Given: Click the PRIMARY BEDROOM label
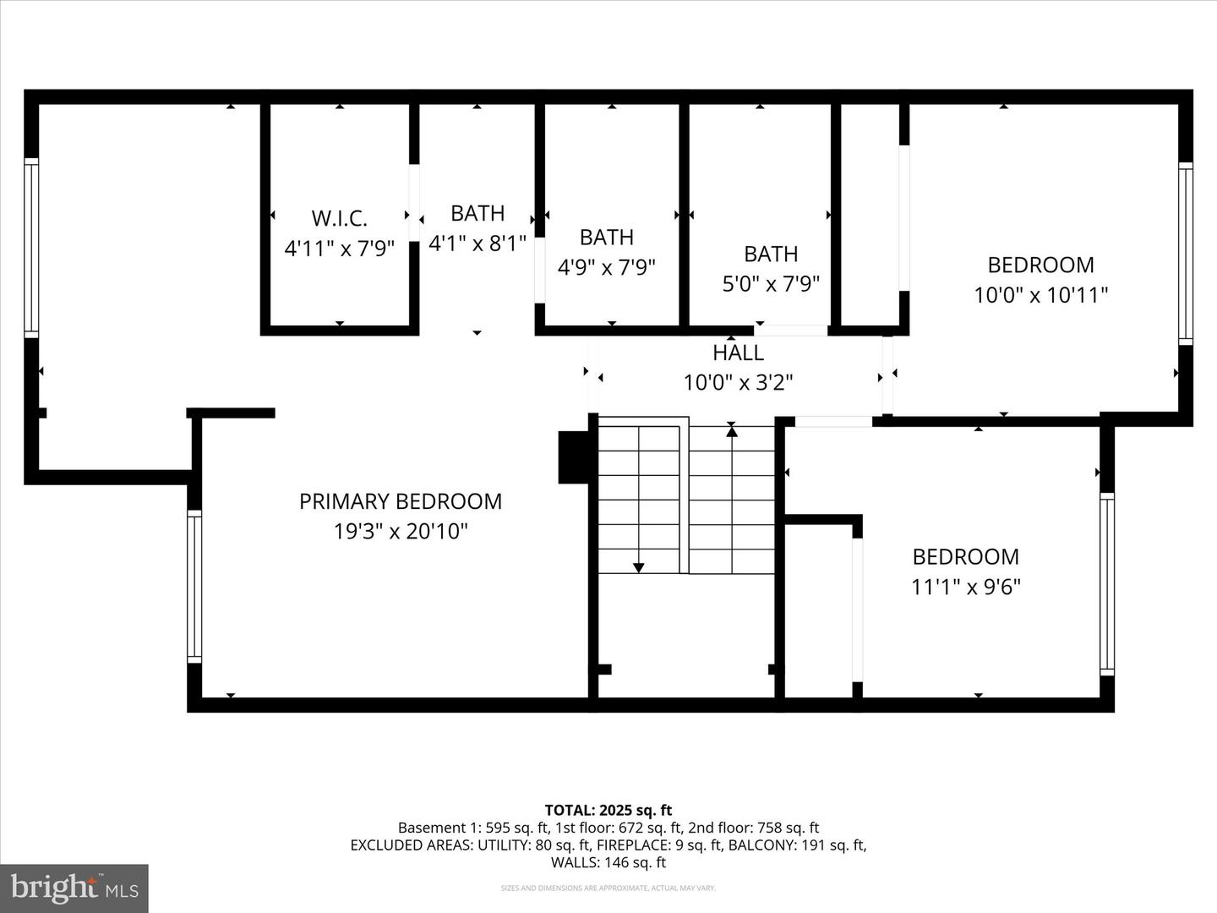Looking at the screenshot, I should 401,501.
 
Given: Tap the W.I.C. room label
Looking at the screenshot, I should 340,218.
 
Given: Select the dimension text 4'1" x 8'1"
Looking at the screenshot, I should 478,243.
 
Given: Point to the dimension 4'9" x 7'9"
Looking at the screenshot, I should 607,267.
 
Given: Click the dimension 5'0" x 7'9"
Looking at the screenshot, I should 771,283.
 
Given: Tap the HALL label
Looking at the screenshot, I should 738,353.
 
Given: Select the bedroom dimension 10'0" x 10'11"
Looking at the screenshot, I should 1040,295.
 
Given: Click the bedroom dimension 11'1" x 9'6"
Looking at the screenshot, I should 965,587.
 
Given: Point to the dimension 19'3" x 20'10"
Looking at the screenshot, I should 401,532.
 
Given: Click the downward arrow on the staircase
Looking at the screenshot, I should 639,566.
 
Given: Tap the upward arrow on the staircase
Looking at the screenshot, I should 732,432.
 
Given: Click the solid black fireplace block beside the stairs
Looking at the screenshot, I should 573,457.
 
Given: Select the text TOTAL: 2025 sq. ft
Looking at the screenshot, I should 608,810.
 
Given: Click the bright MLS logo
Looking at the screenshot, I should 74,888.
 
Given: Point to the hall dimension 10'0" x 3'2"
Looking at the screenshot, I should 738,383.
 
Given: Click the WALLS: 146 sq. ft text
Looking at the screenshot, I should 608,862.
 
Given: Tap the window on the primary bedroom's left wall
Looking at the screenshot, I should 194,587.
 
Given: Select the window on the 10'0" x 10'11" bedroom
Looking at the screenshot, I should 1185,253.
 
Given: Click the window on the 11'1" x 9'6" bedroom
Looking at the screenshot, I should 1106,583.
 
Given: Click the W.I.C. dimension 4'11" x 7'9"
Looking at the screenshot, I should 340,249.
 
